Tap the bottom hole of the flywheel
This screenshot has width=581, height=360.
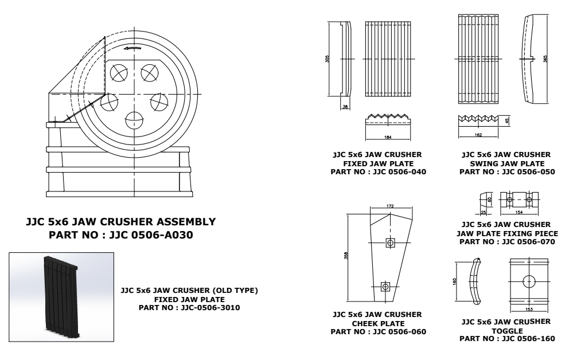click(135, 120)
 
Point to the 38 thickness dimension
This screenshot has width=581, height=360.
click(344, 107)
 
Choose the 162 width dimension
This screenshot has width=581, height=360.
click(478, 135)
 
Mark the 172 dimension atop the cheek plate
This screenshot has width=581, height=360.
click(389, 206)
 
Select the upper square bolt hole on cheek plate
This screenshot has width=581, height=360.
click(391, 243)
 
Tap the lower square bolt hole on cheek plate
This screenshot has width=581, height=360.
click(385, 285)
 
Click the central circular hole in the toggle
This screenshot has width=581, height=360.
click(529, 281)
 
